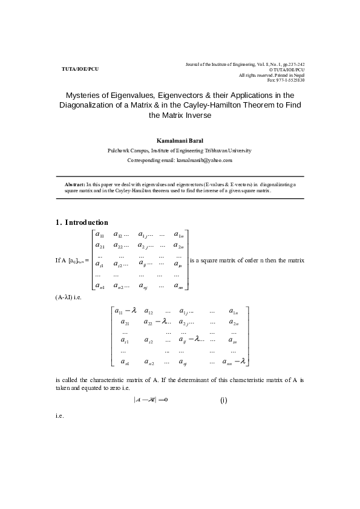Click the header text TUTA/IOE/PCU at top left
pos(80,69)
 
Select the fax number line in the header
pos(286,80)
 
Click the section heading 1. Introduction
pos(82,222)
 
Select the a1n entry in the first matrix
pos(178,235)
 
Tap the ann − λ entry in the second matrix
pos(234,361)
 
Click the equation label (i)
pos(223,400)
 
